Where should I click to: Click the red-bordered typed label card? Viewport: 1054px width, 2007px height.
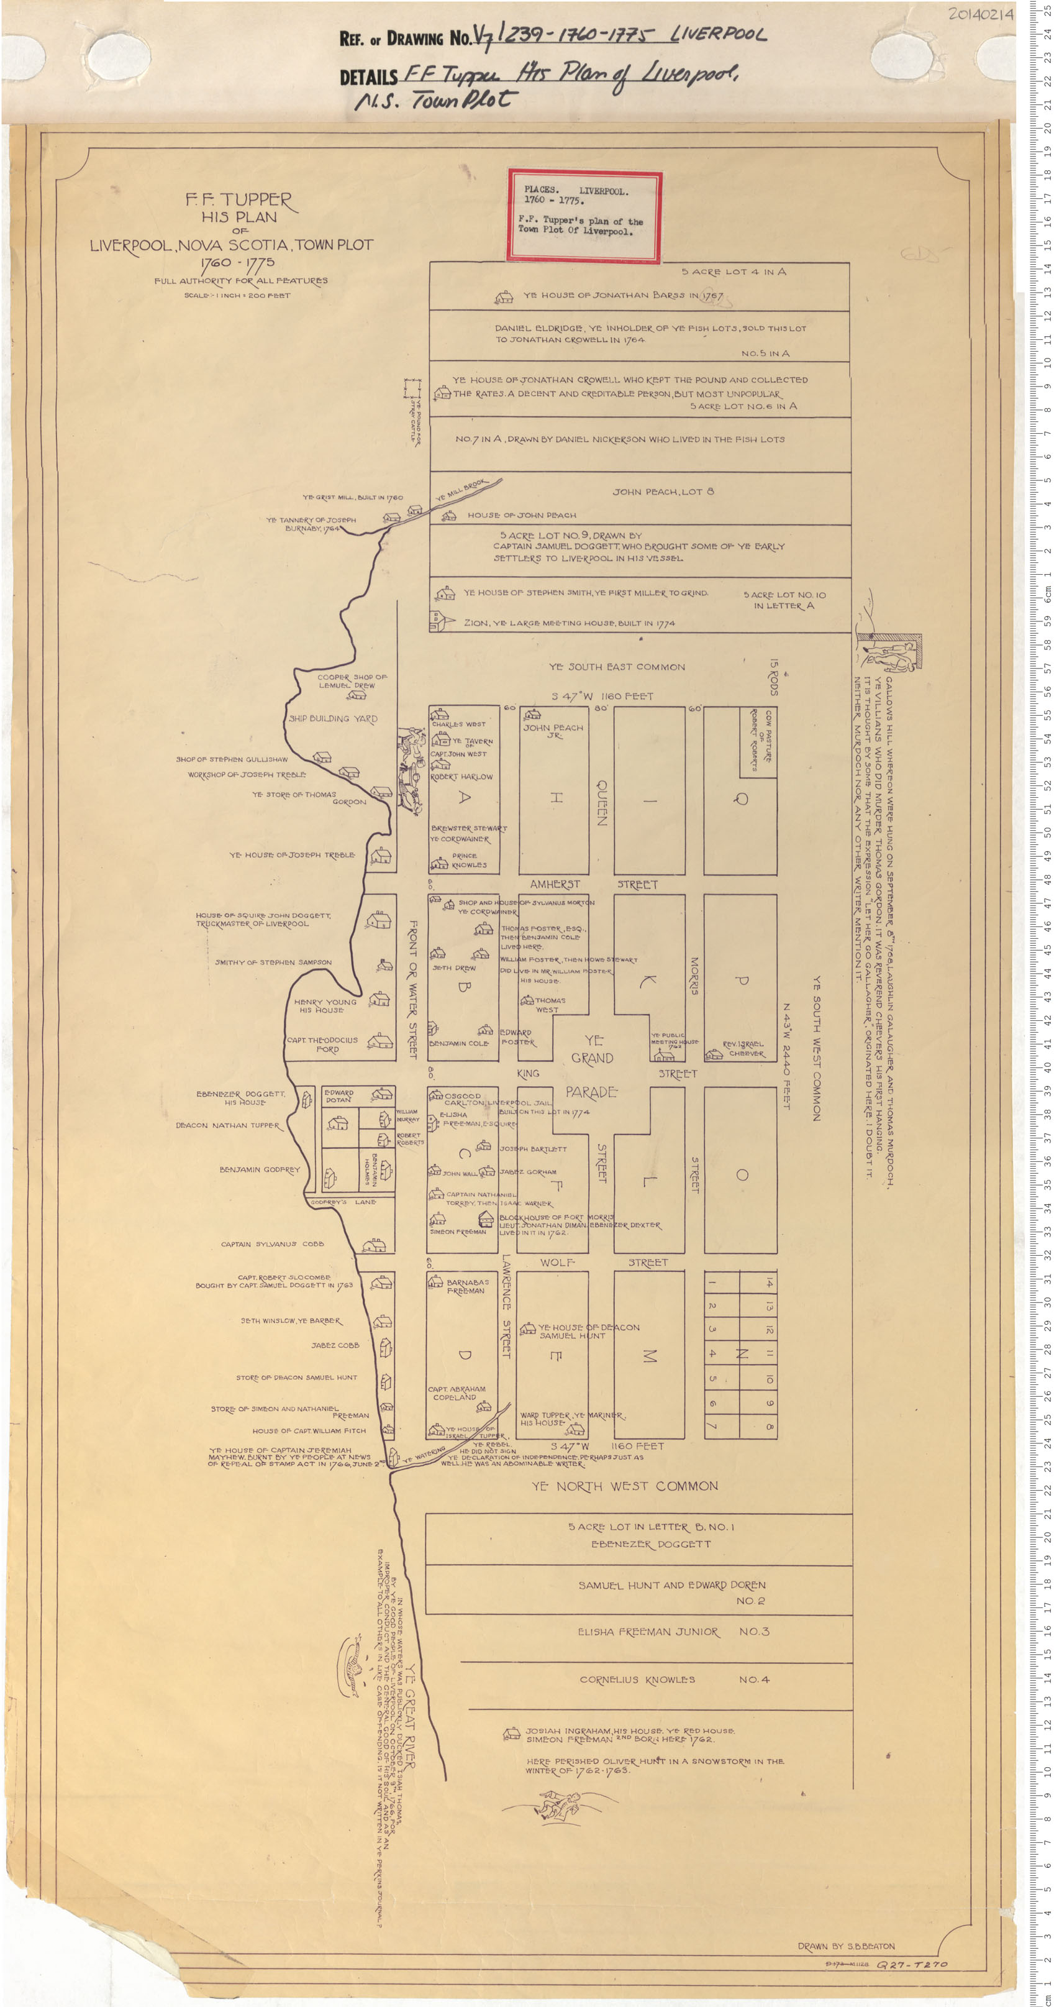(584, 214)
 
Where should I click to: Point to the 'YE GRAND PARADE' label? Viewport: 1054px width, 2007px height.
(592, 1065)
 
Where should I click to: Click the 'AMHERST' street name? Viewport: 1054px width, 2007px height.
(555, 884)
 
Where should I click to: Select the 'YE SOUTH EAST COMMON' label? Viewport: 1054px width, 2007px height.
(617, 667)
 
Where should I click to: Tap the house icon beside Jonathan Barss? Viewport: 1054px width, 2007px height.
(504, 298)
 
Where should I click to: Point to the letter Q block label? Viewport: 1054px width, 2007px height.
(742, 798)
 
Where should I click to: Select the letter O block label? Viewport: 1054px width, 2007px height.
(742, 1175)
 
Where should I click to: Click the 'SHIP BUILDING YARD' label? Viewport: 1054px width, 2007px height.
(333, 718)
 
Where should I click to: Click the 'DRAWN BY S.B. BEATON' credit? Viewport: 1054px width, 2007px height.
(845, 1946)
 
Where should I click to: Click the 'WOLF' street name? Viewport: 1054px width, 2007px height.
(557, 1262)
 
